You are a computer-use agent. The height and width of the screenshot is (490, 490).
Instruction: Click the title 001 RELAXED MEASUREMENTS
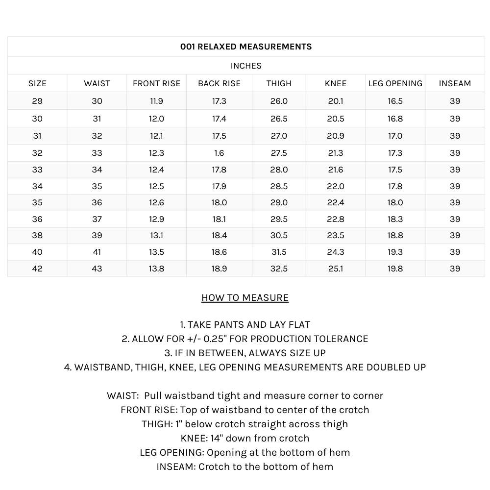pyautogui.click(x=246, y=47)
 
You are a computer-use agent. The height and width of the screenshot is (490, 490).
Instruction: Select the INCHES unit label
pyautogui.click(x=246, y=66)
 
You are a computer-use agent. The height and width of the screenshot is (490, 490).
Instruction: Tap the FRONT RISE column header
pyautogui.click(x=157, y=83)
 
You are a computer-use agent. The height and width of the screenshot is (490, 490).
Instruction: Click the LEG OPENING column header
pyautogui.click(x=395, y=83)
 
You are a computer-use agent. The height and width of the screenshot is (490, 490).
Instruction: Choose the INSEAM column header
pyautogui.click(x=455, y=83)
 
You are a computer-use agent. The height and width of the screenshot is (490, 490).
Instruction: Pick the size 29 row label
pyautogui.click(x=37, y=101)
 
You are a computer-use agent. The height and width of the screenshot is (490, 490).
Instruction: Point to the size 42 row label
pyautogui.click(x=37, y=269)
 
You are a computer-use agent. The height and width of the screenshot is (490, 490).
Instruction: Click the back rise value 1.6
pyautogui.click(x=219, y=153)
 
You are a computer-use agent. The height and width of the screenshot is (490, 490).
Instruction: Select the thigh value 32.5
pyautogui.click(x=279, y=269)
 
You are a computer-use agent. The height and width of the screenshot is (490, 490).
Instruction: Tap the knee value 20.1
pyautogui.click(x=336, y=101)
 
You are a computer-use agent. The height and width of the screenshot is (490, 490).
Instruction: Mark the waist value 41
pyautogui.click(x=97, y=252)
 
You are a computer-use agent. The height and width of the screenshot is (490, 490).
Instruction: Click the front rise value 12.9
pyautogui.click(x=157, y=219)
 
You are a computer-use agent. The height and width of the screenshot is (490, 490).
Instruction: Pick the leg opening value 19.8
pyautogui.click(x=395, y=269)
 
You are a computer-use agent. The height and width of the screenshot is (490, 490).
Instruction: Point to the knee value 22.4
pyautogui.click(x=336, y=202)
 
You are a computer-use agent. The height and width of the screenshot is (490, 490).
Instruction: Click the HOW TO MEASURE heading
pyautogui.click(x=245, y=298)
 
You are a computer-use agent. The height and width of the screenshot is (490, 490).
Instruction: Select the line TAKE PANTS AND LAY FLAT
pyautogui.click(x=245, y=324)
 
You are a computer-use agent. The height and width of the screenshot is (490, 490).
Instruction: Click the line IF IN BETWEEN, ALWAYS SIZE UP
pyautogui.click(x=245, y=353)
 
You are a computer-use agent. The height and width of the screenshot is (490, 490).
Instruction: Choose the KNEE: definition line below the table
pyautogui.click(x=245, y=438)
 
